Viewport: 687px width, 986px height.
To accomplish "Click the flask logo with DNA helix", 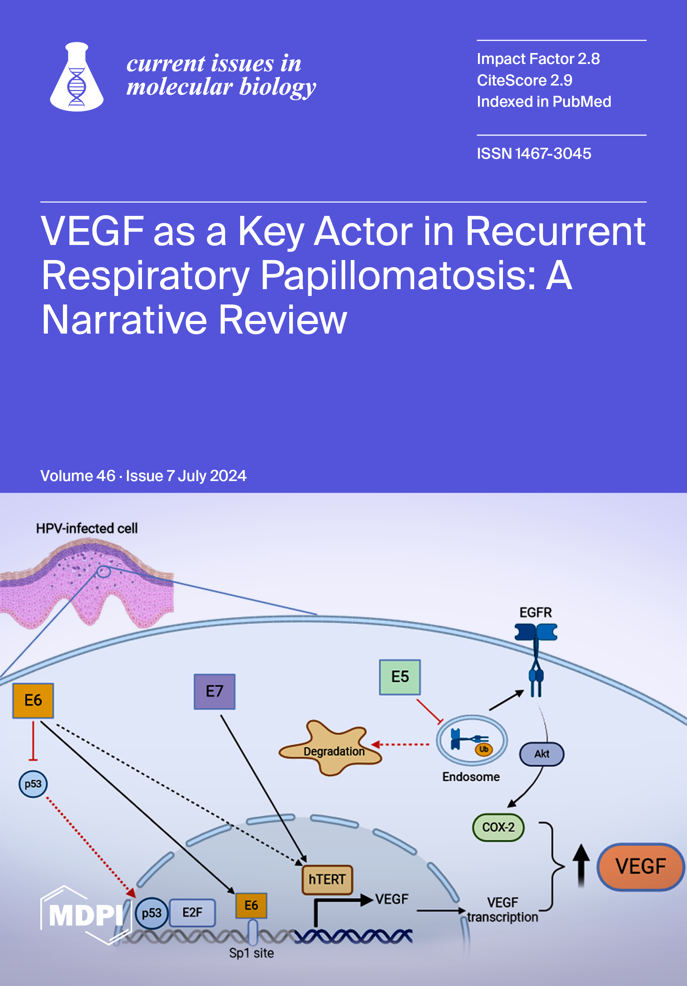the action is [76, 77].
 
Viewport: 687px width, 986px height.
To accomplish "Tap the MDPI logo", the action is [86, 915].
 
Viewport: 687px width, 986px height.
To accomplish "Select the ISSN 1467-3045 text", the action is [534, 154].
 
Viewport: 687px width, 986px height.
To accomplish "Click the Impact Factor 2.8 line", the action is [538, 59].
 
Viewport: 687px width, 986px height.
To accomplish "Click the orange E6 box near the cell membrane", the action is [33, 700].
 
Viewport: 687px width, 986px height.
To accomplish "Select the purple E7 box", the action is [214, 691].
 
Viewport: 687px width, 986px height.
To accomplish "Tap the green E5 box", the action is [400, 677].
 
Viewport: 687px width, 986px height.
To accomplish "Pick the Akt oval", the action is [542, 754].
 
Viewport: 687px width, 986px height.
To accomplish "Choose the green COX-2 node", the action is [498, 827].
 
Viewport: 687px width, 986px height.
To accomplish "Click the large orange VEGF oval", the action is [640, 866].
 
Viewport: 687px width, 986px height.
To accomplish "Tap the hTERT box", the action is [327, 880].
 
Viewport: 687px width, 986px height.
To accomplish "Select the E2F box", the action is [192, 912].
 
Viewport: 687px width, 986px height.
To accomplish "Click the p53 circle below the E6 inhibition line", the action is [33, 784].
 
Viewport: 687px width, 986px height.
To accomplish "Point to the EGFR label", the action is [535, 612].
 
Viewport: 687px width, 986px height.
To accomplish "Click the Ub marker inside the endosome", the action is [484, 749].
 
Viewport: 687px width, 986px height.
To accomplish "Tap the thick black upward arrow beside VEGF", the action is [581, 865].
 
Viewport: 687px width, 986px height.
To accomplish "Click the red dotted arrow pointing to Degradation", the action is [400, 744].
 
